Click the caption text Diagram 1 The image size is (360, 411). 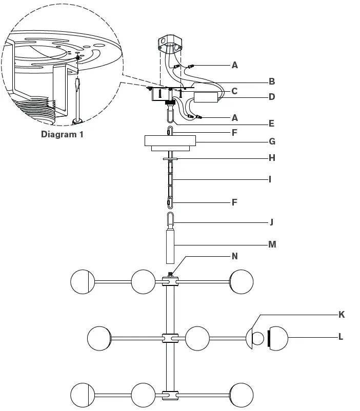tap(62, 135)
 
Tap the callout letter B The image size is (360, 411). tap(272, 81)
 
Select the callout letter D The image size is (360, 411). tap(272, 96)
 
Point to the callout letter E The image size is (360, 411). tap(271, 124)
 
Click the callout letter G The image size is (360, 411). tap(272, 141)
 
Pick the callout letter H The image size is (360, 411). tap(272, 158)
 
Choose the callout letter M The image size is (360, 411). tap(272, 244)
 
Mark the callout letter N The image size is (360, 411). tap(235, 256)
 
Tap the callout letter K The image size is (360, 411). tap(341, 314)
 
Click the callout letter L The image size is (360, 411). tap(341, 337)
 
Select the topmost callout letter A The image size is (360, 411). tap(235, 65)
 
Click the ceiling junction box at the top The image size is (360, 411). tap(170, 45)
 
